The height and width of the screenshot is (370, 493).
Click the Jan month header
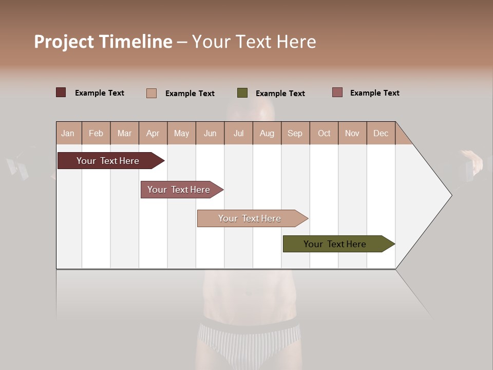(x=68, y=134)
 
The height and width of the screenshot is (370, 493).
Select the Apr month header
(x=153, y=134)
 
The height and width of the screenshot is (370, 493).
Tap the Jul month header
(x=238, y=134)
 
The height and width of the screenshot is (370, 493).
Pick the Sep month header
(x=295, y=134)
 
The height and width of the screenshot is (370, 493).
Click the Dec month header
(x=381, y=134)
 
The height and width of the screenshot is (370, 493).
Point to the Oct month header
(x=324, y=134)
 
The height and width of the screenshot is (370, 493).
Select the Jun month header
(x=210, y=134)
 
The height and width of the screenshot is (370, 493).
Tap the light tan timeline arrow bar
(x=250, y=218)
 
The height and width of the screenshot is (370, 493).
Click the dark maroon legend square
(x=61, y=92)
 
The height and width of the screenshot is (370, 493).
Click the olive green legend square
(x=242, y=93)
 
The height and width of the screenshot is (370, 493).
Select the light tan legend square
(x=151, y=93)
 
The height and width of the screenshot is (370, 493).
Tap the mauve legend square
(x=337, y=92)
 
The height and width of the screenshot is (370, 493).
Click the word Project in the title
(x=64, y=42)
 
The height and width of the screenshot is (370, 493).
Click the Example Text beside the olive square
(x=280, y=94)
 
